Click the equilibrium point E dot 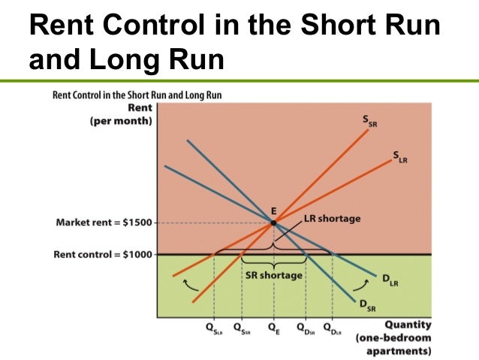273,222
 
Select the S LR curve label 399,156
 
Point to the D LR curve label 390,280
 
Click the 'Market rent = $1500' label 104,223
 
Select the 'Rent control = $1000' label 102,254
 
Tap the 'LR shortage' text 332,219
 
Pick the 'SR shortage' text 274,275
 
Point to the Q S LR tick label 214,328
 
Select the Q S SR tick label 242,328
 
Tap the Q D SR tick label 306,328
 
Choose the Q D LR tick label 330,328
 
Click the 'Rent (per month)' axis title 120,114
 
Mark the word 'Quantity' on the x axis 408,325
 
